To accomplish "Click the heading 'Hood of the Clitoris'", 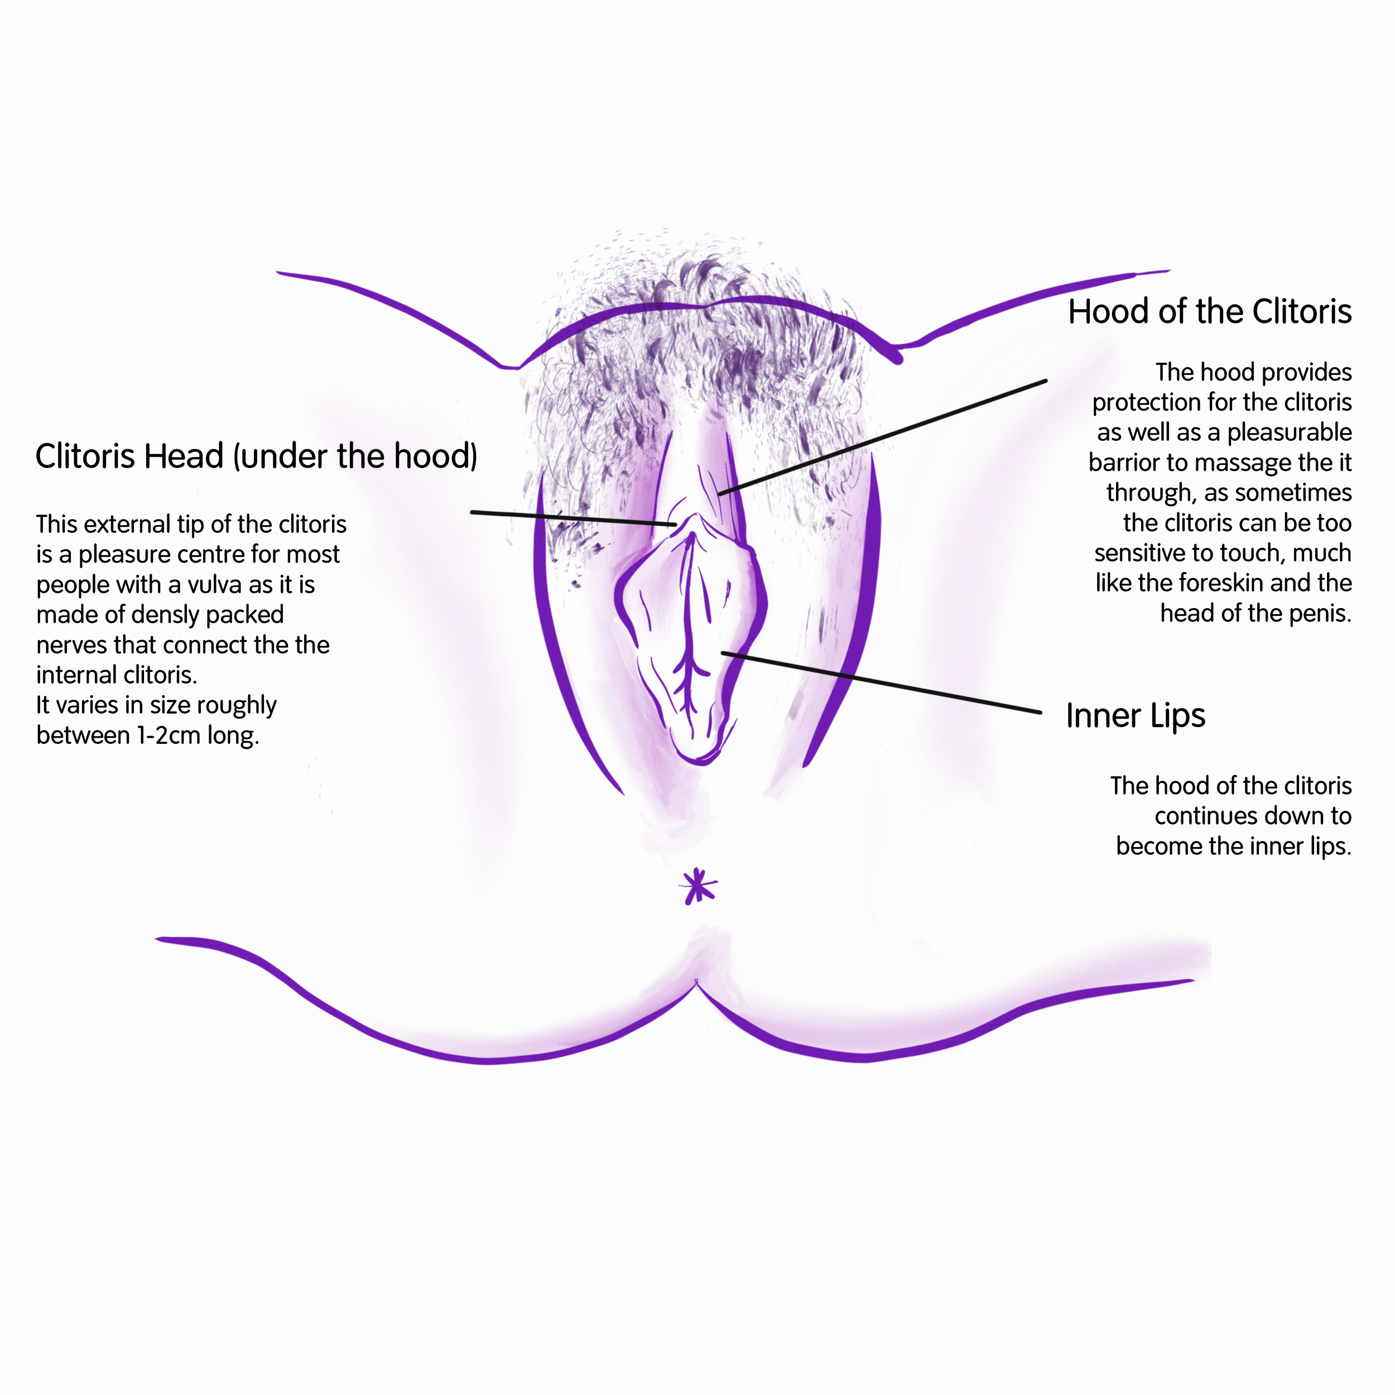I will pos(1209,312).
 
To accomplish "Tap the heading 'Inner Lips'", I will pos(1135,715).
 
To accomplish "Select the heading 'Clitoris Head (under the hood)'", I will pos(256,456).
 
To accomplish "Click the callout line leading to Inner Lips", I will pos(881,683).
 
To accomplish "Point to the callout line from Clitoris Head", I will pos(574,518).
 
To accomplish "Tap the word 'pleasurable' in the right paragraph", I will pos(1290,432).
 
